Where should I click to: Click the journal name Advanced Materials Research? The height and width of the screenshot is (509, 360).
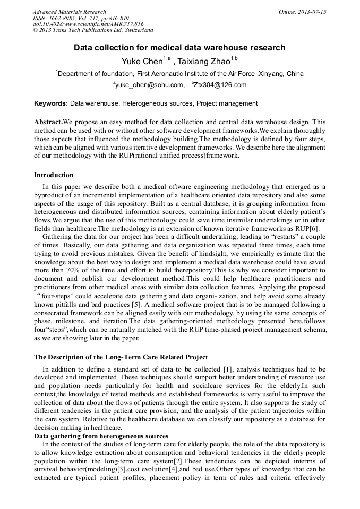[x=69, y=12]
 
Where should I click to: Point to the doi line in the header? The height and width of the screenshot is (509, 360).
[x=88, y=24]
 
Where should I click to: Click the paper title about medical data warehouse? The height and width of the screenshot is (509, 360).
[x=179, y=48]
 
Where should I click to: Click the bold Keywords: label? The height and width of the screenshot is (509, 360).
[x=51, y=103]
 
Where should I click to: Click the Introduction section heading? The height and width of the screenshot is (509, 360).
[x=54, y=175]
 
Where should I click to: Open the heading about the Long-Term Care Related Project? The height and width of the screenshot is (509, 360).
[x=121, y=357]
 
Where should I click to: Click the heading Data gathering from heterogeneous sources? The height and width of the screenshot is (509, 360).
[x=101, y=436]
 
